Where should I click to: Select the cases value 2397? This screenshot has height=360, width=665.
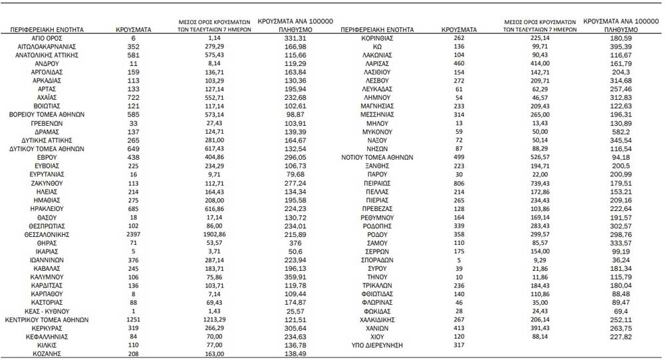coord(133,234)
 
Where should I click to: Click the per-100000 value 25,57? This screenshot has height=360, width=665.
coord(294,311)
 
